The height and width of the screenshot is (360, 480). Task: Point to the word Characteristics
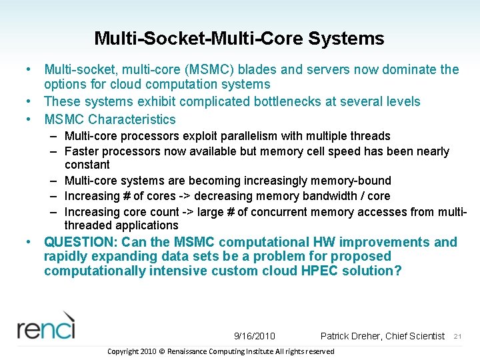[x=132, y=119]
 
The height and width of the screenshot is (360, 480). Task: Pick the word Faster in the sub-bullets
[x=82, y=151]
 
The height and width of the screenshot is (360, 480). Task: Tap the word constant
[x=87, y=165]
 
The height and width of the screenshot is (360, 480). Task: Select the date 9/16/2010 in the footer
[x=255, y=336]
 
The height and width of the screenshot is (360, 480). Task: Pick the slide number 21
[x=457, y=337]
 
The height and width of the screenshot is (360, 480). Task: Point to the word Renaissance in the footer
[x=191, y=351]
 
